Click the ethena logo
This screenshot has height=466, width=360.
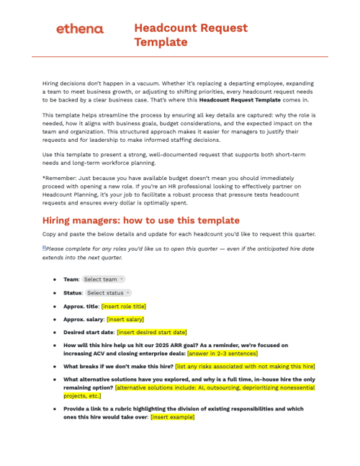pyautogui.click(x=79, y=29)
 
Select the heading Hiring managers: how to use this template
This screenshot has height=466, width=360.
pyautogui.click(x=140, y=220)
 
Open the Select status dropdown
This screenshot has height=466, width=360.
pyautogui.click(x=108, y=293)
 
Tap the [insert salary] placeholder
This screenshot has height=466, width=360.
pyautogui.click(x=125, y=319)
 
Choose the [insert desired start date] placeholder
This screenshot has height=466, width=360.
pyautogui.click(x=151, y=332)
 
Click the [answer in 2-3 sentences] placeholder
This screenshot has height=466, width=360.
pyautogui.click(x=222, y=353)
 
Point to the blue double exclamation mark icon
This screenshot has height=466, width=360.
pyautogui.click(x=44, y=248)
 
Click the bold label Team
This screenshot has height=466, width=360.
pyautogui.click(x=71, y=279)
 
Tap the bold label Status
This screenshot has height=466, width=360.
pyautogui.click(x=72, y=293)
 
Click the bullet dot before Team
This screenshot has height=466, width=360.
pyautogui.click(x=55, y=279)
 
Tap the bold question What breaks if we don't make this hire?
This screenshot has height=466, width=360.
pyautogui.click(x=117, y=366)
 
